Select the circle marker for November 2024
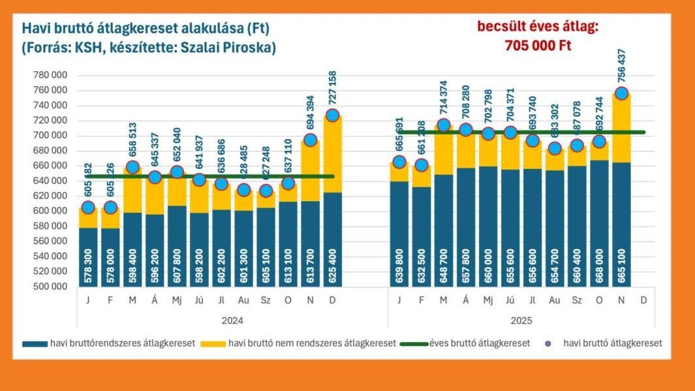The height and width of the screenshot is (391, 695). click(310, 140)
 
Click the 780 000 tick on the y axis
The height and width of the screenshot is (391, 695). click(50, 75)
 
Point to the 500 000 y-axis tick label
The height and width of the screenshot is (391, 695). click(50, 287)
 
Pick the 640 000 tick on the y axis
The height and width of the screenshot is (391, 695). click(50, 181)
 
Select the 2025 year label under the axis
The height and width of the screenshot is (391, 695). click(521, 321)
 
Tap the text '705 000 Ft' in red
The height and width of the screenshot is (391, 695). click(538, 46)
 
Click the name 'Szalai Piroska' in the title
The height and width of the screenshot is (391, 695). click(239, 48)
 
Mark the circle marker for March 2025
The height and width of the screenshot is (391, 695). click(444, 125)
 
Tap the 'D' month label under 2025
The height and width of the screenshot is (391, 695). click(644, 300)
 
